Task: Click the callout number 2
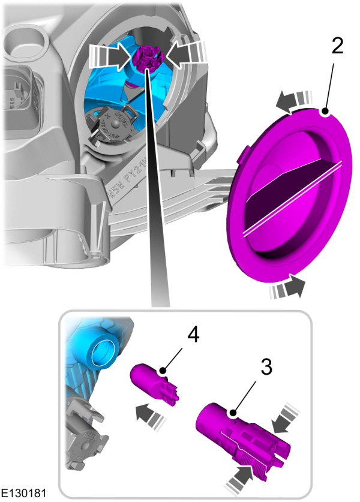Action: (x=338, y=47)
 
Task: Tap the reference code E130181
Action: (x=25, y=493)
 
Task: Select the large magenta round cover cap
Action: (x=288, y=198)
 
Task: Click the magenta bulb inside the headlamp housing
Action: (x=146, y=56)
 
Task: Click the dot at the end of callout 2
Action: (x=325, y=111)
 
